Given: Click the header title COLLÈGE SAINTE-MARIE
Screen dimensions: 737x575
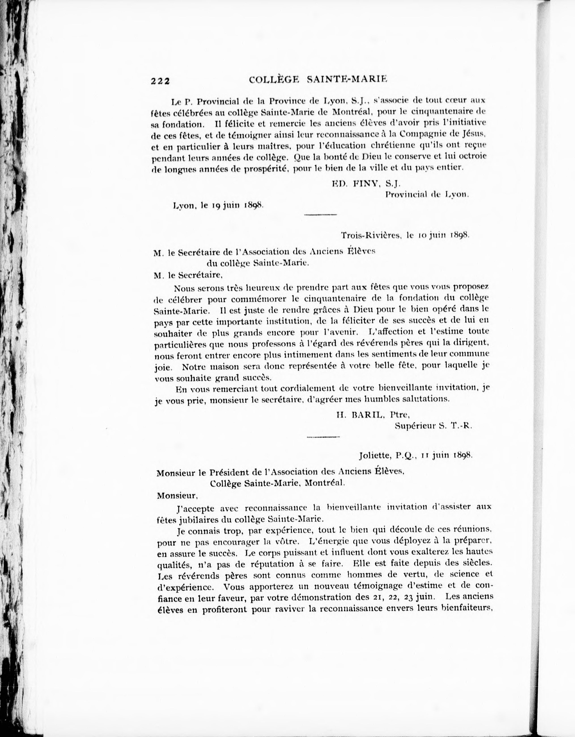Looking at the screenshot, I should click(x=318, y=80).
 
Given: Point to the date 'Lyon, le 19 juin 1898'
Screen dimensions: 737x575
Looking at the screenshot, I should click(x=218, y=205).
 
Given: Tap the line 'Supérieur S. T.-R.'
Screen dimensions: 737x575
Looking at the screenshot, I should click(x=433, y=426).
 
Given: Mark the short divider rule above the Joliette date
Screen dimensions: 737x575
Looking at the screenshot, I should click(x=323, y=437).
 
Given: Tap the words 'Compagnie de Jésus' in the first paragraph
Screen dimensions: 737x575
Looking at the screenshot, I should click(x=442, y=134).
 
